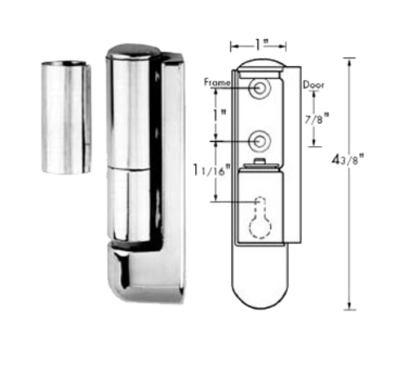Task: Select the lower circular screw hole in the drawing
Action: point(260,140)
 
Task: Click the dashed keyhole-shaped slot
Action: point(260,209)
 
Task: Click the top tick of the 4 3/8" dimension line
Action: point(352,58)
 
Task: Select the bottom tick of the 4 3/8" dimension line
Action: point(352,309)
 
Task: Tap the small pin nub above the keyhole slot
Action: point(260,165)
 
